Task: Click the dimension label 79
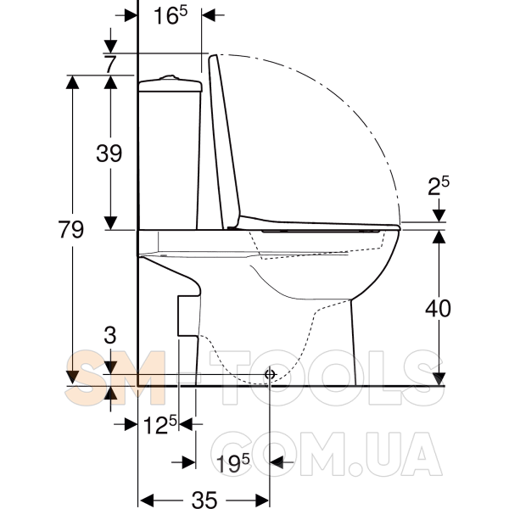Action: click(x=71, y=229)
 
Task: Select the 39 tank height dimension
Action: click(x=109, y=153)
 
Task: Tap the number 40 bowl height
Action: click(x=439, y=308)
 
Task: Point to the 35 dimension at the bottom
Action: click(x=204, y=500)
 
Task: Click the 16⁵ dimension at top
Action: click(x=171, y=15)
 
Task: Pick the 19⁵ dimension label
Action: click(x=232, y=463)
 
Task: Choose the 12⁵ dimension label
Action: click(x=160, y=424)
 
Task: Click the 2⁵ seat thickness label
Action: click(x=439, y=186)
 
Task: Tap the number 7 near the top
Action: click(x=110, y=64)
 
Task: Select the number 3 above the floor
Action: click(x=110, y=335)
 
